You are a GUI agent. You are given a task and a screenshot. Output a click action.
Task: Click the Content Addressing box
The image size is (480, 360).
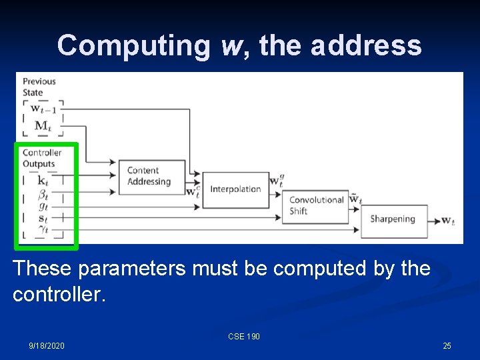coord(151,177)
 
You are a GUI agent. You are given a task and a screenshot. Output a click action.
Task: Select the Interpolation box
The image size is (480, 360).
coord(235,189)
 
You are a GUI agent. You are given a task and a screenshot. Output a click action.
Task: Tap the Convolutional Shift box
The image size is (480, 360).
coord(317,205)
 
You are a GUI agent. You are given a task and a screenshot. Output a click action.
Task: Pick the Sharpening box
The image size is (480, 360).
coord(393,219)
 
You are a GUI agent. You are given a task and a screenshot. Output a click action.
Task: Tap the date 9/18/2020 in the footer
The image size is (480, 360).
coord(47,345)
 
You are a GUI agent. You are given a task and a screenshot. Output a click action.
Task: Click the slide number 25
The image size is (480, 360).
coord(447,345)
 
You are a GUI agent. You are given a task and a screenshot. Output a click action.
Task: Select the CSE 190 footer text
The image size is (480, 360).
coord(244,337)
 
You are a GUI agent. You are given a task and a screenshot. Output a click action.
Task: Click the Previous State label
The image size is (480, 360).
coord(39,87)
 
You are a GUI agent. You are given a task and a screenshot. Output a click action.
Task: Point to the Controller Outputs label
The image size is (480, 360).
coord(42,158)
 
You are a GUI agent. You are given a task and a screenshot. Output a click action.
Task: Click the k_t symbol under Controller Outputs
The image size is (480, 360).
coord(43,180)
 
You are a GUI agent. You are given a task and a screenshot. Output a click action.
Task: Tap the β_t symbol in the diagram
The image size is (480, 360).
coord(43,194)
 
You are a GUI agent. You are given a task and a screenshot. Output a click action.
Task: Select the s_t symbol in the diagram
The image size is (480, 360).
coord(43,218)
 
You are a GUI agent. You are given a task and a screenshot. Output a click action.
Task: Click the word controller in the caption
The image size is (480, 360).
coord(58,294)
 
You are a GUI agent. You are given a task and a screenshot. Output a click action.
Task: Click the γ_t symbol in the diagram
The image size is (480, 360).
coord(43,230)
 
